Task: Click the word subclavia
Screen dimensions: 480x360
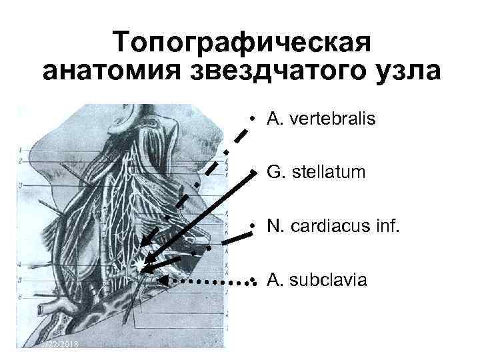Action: pos(327,280)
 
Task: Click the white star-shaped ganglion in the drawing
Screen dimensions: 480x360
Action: pos(139,266)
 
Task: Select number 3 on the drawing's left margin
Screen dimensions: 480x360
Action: pos(21,185)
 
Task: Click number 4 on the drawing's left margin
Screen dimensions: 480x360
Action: pos(21,265)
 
